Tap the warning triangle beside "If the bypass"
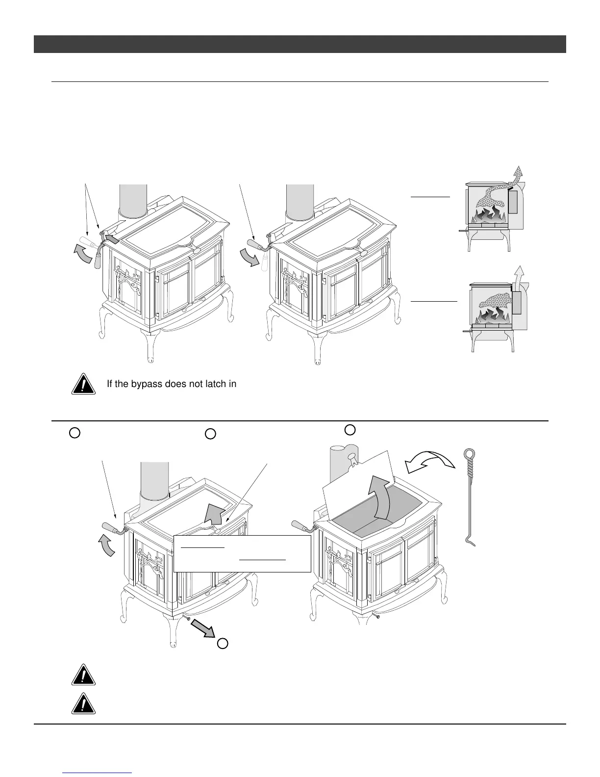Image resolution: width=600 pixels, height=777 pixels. [83, 385]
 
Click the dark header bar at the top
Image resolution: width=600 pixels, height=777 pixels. [300, 44]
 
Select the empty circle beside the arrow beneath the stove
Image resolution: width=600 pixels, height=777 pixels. [223, 643]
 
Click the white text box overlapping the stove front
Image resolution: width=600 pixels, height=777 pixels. [242, 553]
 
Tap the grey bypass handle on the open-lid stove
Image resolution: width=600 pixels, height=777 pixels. [300, 525]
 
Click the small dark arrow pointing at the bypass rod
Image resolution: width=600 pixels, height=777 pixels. [111, 239]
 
